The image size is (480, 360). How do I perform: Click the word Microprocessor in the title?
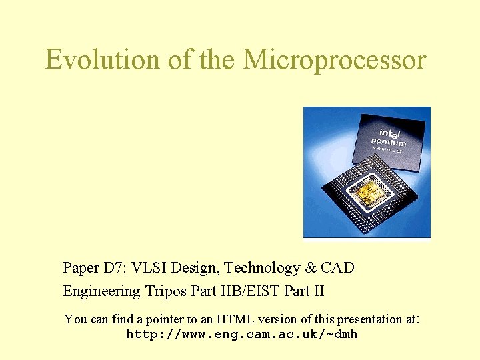tap(335, 60)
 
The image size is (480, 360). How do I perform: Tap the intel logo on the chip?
tap(392, 133)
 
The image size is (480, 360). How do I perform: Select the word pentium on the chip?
tap(389, 143)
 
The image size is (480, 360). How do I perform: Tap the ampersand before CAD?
tap(311, 268)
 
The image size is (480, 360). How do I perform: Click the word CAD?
tap(337, 268)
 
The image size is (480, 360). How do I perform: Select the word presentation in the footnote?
tap(369, 319)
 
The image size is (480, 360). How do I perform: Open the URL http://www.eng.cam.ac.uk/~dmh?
tap(241, 335)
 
